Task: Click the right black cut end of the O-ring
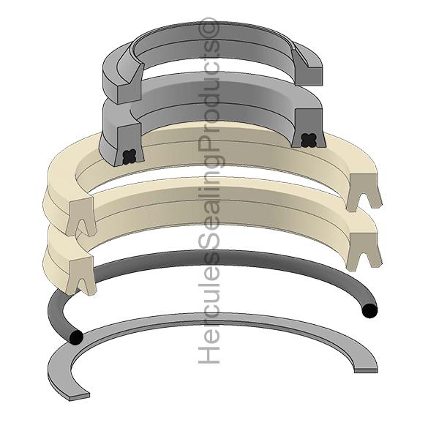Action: pos(370,311)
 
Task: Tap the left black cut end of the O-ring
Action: pos(75,337)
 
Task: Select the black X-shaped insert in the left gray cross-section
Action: pos(131,155)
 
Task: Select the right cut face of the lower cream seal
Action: pos(364,251)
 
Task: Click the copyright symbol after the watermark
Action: pos(210,27)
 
